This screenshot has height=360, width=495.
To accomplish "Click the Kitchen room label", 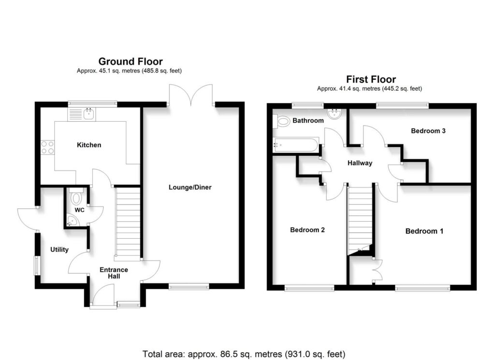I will coord(89,145).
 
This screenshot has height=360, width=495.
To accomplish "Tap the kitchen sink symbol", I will coord(83,115).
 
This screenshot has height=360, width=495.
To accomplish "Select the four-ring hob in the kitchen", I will coord(47,146).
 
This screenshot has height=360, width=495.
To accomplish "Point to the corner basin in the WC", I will coord(72,222).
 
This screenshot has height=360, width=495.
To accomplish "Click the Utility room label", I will coord(59,250).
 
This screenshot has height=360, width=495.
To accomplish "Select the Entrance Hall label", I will coord(114,273).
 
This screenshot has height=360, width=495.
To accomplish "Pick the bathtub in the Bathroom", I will coord(295,144).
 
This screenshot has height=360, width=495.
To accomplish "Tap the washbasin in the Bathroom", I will coord(334,115).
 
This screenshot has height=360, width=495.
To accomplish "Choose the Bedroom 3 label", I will coord(428,131).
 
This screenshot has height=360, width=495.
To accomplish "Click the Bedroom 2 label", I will coord(307,230).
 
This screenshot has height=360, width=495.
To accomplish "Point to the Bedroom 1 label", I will coord(424,231).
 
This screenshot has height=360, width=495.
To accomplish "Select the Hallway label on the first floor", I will coord(360,163).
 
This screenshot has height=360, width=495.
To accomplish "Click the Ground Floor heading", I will coord(131,61).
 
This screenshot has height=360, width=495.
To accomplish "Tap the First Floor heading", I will coord(371,79).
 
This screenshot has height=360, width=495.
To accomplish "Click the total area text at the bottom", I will coord(244,353).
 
